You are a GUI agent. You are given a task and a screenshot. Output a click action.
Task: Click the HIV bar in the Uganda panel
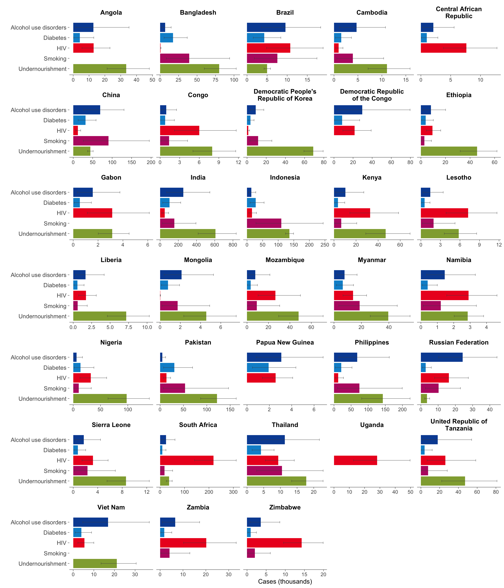[x=355, y=460]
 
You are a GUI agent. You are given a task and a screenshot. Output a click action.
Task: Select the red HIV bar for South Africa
[x=186, y=460]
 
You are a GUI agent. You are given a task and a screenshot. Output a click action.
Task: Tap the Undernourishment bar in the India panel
[x=188, y=234]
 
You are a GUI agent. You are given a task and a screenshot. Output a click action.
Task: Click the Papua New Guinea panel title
[x=285, y=342]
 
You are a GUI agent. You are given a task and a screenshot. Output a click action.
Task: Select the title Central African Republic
[x=458, y=12]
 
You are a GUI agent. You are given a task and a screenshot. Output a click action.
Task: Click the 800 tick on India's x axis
[x=233, y=245]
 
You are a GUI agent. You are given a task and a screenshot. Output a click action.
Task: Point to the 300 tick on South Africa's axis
[x=233, y=492]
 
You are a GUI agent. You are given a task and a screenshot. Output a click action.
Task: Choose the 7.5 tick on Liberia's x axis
[x=128, y=327]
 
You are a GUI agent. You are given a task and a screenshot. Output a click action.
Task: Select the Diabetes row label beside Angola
[x=55, y=38]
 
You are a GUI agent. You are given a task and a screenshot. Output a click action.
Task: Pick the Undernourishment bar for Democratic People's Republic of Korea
[x=280, y=151]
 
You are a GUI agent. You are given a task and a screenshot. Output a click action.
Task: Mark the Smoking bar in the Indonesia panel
[x=264, y=223]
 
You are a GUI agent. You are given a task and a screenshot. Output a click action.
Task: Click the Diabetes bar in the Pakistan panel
[x=167, y=367]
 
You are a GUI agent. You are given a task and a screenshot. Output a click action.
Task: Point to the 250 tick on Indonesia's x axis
[x=325, y=245]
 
